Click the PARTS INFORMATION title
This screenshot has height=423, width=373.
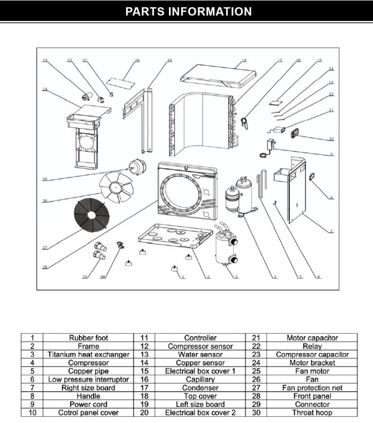(188, 12)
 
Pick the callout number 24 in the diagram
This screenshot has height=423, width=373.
(44, 89)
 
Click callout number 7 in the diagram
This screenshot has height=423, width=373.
(331, 231)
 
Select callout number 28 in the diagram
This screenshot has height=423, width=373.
(44, 267)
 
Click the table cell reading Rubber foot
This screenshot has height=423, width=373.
(89, 337)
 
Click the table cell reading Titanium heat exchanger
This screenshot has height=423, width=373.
(89, 354)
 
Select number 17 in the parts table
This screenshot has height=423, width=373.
(144, 388)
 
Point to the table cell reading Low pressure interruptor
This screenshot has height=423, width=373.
(89, 379)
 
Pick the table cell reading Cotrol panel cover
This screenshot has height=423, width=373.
(89, 413)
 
